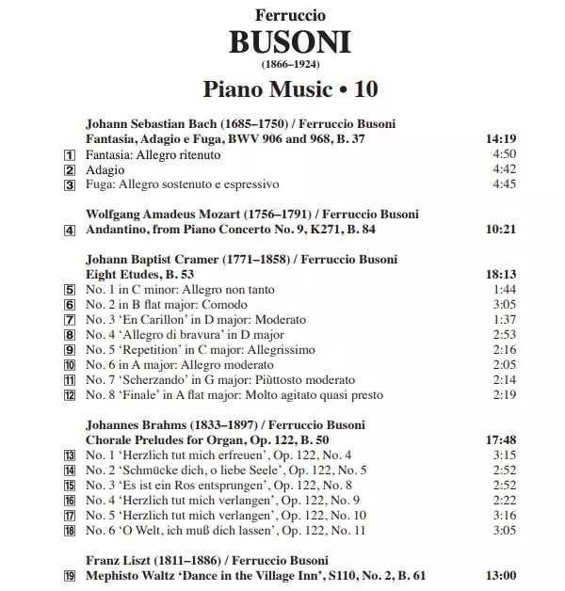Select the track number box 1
(69, 154)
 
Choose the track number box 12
(69, 396)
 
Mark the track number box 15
(69, 486)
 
